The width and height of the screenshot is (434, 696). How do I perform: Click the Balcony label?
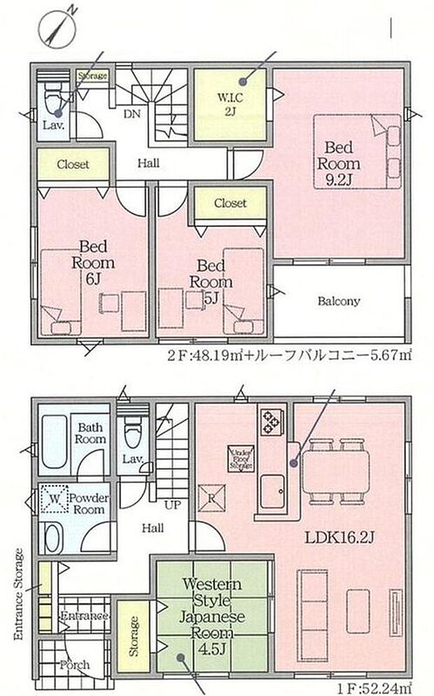(339, 301)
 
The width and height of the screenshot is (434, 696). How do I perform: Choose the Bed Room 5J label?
(209, 281)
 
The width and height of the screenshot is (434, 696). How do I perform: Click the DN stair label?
(130, 113)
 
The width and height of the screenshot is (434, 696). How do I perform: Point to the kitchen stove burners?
(270, 421)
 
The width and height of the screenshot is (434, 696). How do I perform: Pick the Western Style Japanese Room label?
(213, 610)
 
